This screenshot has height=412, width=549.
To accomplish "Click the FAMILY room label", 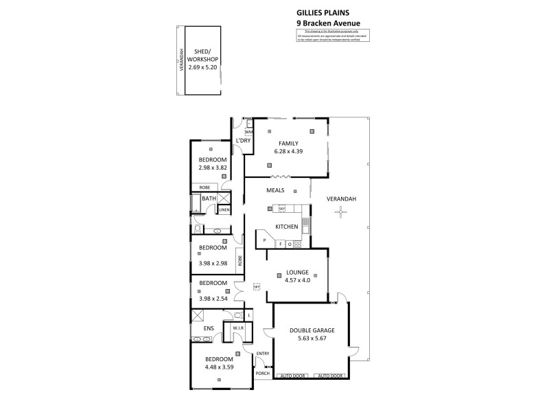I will pos(279,143).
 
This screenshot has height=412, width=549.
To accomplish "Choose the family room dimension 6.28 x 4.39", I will pos(279,151).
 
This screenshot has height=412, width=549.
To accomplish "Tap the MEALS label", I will pos(276,190).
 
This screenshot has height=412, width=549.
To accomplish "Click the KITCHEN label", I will pos(287,227).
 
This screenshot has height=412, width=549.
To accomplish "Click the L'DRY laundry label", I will pos(242,141).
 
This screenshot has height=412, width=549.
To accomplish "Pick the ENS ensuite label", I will pos(209,328).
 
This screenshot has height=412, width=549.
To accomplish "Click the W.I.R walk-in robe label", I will pos(239,328).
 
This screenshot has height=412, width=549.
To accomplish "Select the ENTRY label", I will pos(262,354).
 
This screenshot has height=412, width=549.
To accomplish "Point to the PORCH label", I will pos(262,374).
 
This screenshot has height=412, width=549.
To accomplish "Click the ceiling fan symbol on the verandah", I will pos(339,213).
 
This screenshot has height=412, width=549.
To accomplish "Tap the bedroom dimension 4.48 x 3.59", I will pos(220,367).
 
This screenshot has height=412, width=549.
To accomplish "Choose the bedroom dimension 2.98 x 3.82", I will pos(213,168).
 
